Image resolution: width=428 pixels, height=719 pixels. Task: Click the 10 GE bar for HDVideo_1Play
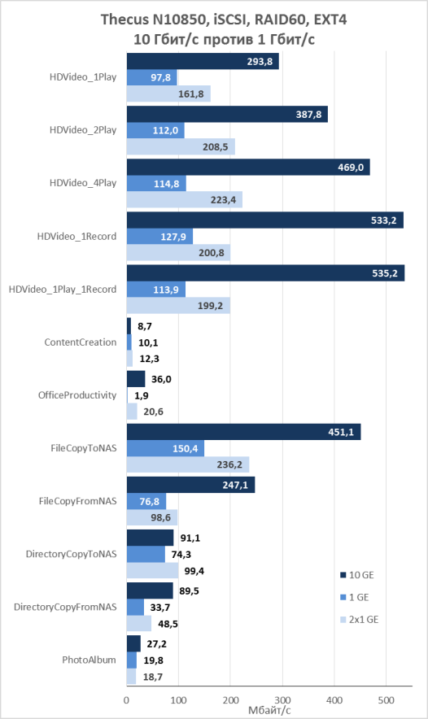click(x=203, y=62)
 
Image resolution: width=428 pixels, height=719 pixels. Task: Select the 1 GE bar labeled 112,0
click(x=155, y=131)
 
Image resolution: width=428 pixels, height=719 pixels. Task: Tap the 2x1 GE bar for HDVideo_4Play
click(x=185, y=200)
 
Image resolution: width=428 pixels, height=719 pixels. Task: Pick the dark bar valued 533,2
click(x=265, y=220)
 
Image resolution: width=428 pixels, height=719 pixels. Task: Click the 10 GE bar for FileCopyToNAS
click(x=243, y=432)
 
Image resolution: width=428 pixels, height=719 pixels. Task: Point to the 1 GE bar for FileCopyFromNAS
click(x=146, y=501)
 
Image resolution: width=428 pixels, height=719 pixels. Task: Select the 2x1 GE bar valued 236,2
click(x=188, y=464)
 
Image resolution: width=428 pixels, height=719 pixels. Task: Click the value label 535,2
click(x=385, y=273)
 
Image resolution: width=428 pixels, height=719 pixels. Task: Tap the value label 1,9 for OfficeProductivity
click(x=142, y=395)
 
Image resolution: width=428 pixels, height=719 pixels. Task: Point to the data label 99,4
click(x=194, y=571)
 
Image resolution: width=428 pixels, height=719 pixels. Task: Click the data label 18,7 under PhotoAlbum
click(x=153, y=677)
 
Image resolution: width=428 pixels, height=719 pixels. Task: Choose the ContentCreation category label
click(x=81, y=342)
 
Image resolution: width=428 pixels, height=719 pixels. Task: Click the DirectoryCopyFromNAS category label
click(x=65, y=607)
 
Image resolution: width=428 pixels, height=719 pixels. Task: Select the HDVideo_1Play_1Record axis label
click(x=63, y=290)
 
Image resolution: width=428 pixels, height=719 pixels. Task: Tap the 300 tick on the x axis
click(x=282, y=700)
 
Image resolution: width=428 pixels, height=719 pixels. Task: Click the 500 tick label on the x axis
click(x=387, y=700)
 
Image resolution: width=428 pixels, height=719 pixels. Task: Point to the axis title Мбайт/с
click(x=269, y=710)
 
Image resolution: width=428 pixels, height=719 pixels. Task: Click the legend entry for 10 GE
click(x=357, y=575)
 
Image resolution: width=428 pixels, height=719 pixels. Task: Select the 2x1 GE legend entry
click(x=359, y=620)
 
